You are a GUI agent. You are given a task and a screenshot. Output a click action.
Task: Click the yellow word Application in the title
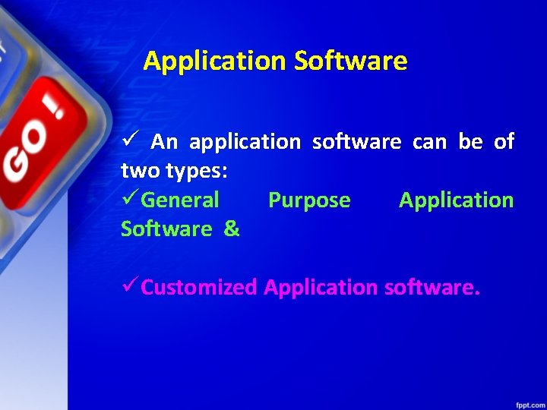pyautogui.click(x=214, y=61)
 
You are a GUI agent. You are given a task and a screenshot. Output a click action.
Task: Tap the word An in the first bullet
pyautogui.click(x=164, y=142)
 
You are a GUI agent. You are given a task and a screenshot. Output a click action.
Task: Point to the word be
pyautogui.click(x=470, y=142)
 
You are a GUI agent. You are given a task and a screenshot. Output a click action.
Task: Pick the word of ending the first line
pyautogui.click(x=504, y=142)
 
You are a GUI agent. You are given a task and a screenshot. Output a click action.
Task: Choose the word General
pyautogui.click(x=181, y=200)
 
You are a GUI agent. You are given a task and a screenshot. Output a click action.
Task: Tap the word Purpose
pyautogui.click(x=309, y=200)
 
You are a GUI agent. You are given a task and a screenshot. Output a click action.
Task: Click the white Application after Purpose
pyautogui.click(x=456, y=200)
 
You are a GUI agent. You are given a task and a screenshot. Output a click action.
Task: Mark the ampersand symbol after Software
pyautogui.click(x=232, y=229)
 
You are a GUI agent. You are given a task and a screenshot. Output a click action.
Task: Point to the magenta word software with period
pyautogui.click(x=432, y=288)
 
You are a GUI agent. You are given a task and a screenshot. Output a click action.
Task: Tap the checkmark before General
pyautogui.click(x=130, y=200)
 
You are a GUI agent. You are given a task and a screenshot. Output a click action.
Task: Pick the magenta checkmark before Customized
pyautogui.click(x=130, y=286)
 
